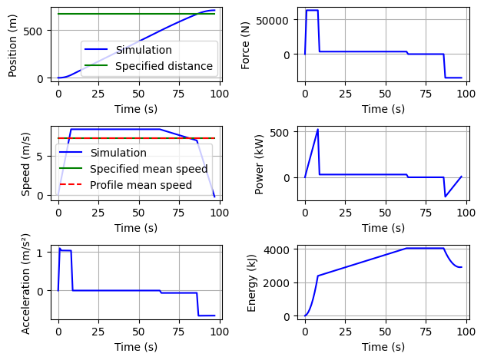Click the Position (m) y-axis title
(13, 44)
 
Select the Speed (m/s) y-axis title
(25, 163)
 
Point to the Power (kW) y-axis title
(259, 163)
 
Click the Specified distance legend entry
(164, 66)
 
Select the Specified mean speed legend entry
(148, 169)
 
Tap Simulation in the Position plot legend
(144, 50)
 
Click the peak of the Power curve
(317, 129)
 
